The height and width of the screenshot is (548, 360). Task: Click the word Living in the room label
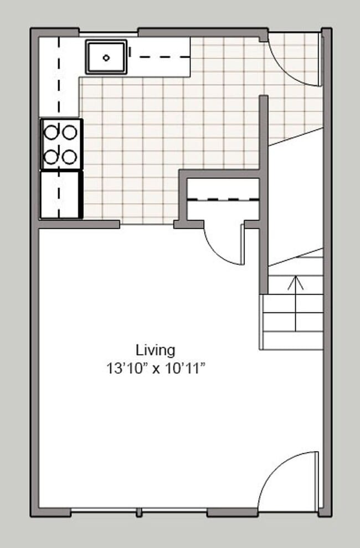tap(156, 350)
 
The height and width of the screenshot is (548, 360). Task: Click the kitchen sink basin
tap(106, 56)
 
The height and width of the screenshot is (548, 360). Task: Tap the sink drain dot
tap(106, 56)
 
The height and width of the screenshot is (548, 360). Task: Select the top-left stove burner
tap(52, 132)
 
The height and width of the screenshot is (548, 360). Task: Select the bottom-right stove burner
tap(69, 157)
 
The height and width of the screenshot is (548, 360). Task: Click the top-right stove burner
tap(69, 132)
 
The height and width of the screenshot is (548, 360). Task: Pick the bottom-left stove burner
tap(52, 157)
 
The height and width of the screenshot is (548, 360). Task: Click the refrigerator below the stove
tap(61, 194)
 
